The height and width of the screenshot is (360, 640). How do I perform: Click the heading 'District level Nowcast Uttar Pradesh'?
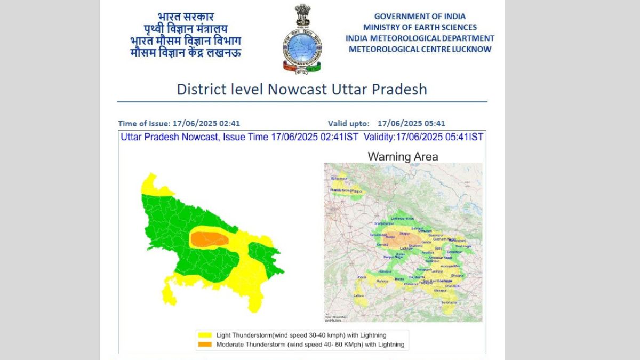302,89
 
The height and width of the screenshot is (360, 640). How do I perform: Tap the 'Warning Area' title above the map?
403,156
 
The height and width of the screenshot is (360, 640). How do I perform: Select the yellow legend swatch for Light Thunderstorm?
205,335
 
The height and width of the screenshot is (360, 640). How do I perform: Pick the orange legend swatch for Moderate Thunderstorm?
205,345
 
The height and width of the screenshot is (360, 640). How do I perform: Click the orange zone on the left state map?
210,239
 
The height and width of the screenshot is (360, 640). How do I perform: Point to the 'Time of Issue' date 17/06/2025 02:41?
210,123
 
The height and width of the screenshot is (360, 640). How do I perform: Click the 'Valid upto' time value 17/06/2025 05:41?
411,123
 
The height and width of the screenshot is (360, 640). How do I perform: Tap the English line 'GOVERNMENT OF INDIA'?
420,17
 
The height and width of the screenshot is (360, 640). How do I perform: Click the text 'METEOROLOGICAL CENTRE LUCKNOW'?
420,49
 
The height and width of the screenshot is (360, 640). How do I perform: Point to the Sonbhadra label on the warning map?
449,302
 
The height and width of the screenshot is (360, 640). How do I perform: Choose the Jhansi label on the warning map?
362,277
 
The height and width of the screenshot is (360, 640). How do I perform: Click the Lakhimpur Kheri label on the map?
402,219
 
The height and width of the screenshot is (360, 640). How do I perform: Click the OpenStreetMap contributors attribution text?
335,318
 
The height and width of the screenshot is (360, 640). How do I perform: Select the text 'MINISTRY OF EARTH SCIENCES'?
420,27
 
